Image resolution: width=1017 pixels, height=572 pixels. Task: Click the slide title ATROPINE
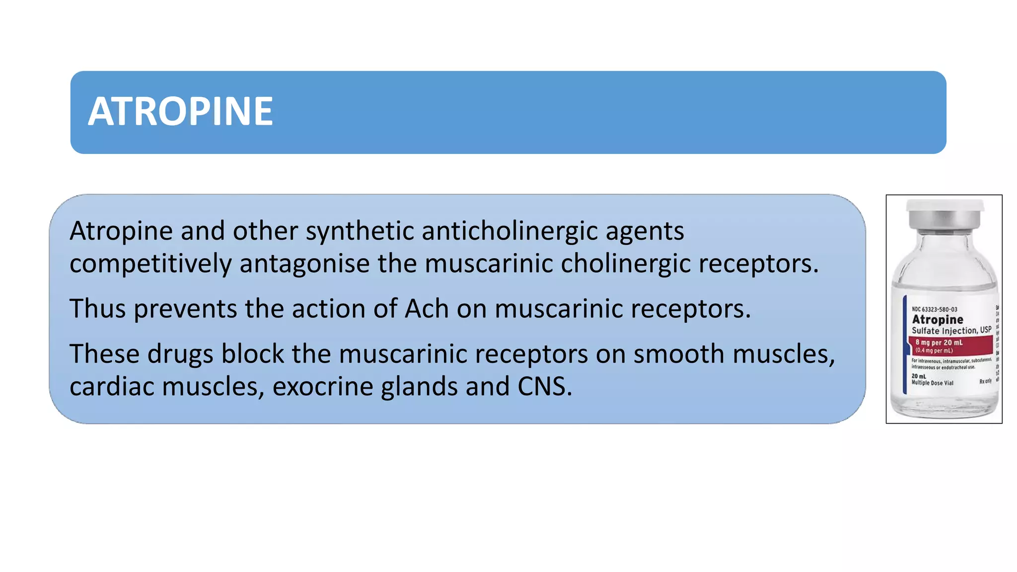click(180, 112)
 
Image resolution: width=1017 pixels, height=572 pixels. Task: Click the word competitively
click(150, 264)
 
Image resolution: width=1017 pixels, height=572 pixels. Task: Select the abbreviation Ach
click(427, 309)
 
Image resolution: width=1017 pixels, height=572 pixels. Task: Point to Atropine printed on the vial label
click(937, 320)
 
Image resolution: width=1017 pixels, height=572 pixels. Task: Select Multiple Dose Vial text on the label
click(932, 383)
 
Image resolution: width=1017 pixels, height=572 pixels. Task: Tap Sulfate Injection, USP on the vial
click(951, 331)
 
